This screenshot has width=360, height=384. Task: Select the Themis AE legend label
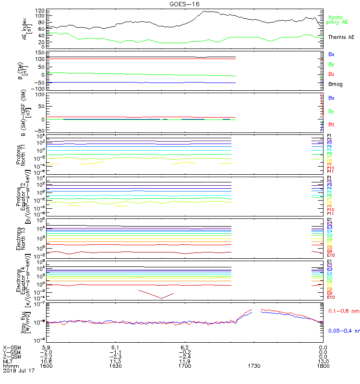(x=341, y=37)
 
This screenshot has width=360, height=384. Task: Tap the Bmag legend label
(x=334, y=84)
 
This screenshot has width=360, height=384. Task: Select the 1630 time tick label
(x=115, y=365)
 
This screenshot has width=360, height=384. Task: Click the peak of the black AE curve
(x=204, y=12)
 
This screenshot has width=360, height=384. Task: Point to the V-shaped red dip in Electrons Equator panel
(x=161, y=298)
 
